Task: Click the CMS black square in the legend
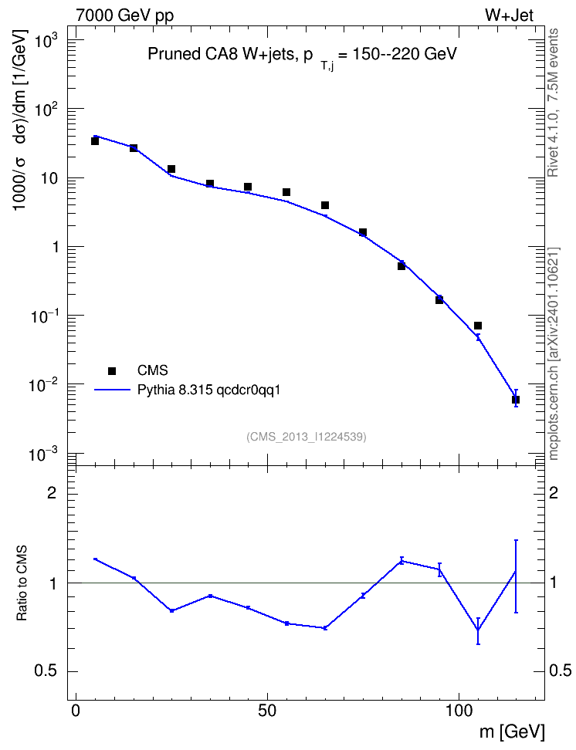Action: (x=112, y=370)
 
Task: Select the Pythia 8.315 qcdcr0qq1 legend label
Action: (x=208, y=390)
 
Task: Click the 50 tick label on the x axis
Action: (x=266, y=711)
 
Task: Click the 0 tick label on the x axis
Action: (x=76, y=711)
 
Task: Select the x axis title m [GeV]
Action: (x=512, y=731)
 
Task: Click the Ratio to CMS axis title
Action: (x=22, y=583)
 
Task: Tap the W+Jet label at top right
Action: (x=509, y=15)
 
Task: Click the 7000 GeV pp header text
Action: (x=124, y=15)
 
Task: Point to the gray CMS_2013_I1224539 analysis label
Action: (x=307, y=437)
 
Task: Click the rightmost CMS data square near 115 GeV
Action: (x=516, y=400)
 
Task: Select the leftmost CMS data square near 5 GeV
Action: (x=95, y=141)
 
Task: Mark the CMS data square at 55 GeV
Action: (x=286, y=192)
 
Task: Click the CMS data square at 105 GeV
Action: (x=478, y=326)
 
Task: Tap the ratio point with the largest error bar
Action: (x=516, y=572)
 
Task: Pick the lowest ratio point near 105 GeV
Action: (x=478, y=630)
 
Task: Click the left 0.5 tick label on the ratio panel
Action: (x=46, y=671)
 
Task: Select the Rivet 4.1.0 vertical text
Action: (x=553, y=103)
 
